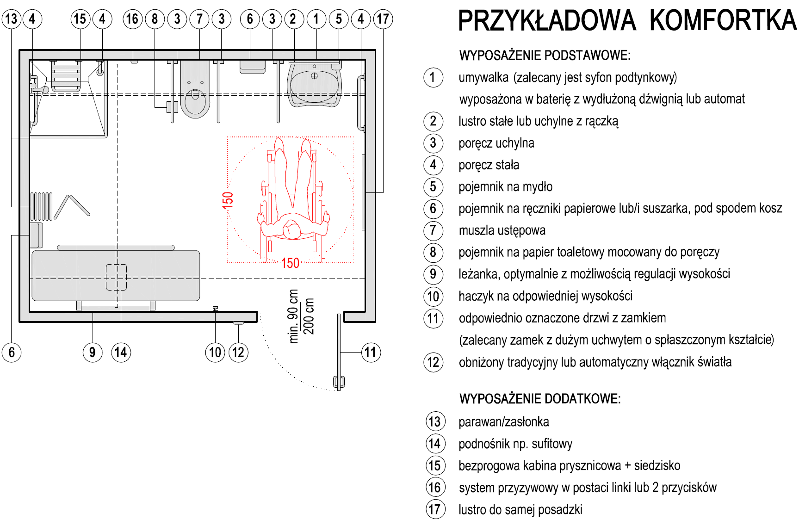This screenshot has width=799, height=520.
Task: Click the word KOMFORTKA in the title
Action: [x=723, y=21]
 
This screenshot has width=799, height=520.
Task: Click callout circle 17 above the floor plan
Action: [x=383, y=19]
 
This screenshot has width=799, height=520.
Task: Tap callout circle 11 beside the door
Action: [x=370, y=353]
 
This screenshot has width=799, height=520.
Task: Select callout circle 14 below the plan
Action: [x=121, y=353]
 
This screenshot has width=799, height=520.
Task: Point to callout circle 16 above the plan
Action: [x=132, y=19]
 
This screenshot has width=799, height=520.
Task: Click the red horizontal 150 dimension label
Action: [x=290, y=263]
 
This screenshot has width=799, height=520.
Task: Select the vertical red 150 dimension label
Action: [x=228, y=200]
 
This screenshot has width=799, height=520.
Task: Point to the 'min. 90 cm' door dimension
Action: [x=293, y=316]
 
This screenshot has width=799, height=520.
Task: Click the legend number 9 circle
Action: [x=433, y=274]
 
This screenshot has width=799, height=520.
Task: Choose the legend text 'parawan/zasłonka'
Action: [x=504, y=422]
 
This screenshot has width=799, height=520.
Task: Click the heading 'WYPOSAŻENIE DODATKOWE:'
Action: [x=540, y=399]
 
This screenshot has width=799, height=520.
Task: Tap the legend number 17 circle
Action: [x=435, y=509]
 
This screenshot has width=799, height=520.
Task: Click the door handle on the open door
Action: [x=339, y=382]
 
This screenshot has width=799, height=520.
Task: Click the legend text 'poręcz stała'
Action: [x=489, y=165]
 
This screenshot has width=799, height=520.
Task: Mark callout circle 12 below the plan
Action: [x=238, y=353]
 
